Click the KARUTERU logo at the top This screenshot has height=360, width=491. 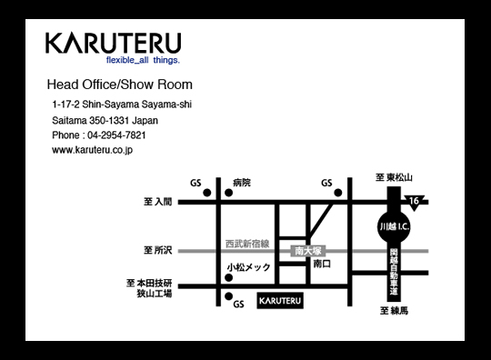coord(113,44)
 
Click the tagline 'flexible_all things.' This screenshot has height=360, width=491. coord(143,61)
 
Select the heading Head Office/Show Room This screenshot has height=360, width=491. coord(119,85)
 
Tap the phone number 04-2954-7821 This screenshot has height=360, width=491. coord(112,135)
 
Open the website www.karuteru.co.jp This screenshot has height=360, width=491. coord(93,151)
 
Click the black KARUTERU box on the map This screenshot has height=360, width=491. coord(279,299)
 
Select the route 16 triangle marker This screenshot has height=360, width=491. coord(416,200)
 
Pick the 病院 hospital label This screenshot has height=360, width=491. coord(241,183)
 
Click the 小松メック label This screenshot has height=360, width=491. coord(248,267)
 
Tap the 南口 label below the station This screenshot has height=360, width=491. coord(322,264)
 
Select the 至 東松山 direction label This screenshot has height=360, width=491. coord(395,177)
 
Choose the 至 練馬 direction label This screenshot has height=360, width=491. coord(395,311)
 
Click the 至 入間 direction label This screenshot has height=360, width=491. coord(157,202)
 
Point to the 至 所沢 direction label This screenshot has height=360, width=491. coord(157,249)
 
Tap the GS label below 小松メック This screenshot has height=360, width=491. coord(239,305)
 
